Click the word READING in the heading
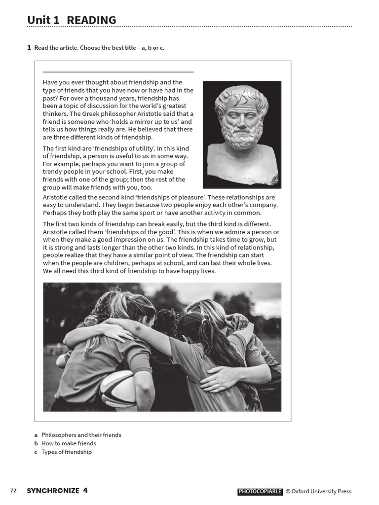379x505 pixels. [x=91, y=20]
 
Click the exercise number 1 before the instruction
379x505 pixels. [x=29, y=47]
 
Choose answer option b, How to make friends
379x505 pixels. [x=69, y=443]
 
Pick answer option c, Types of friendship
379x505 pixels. [x=66, y=452]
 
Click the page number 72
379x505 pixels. [x=13, y=491]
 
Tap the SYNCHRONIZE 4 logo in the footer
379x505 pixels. [x=57, y=491]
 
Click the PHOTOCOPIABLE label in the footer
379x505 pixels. [x=260, y=491]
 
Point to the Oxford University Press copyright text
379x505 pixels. [x=321, y=491]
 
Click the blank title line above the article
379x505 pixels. [x=118, y=72]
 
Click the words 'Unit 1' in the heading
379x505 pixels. [x=43, y=20]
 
